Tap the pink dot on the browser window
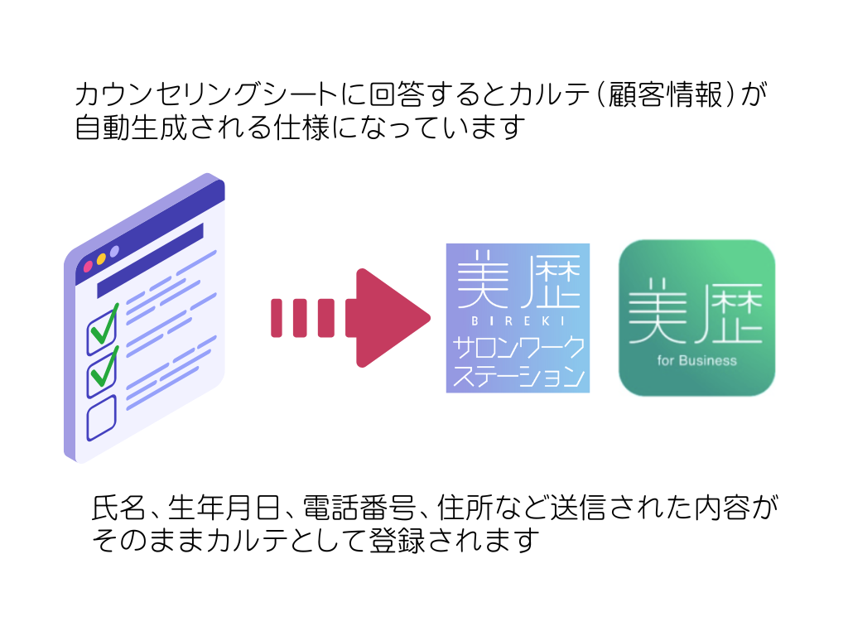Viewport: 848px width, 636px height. [88, 267]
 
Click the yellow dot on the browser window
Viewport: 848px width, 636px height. [101, 259]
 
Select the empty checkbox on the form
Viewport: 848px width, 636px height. [101, 417]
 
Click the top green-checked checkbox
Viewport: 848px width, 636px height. [102, 330]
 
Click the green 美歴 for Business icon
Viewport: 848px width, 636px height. [696, 318]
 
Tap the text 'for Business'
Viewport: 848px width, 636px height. [696, 361]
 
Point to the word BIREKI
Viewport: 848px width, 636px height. [518, 321]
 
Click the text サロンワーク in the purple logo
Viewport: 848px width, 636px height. [518, 348]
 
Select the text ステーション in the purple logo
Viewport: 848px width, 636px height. [518, 377]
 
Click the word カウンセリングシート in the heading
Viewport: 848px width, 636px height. [205, 94]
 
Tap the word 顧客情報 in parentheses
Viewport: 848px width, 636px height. [665, 94]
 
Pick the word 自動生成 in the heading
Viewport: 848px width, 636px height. [130, 128]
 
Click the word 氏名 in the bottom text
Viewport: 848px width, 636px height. [118, 508]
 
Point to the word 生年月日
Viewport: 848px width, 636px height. [224, 508]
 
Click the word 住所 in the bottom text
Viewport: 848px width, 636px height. [465, 508]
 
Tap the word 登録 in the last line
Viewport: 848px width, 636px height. [397, 541]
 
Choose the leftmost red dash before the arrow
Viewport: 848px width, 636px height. [277, 318]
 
